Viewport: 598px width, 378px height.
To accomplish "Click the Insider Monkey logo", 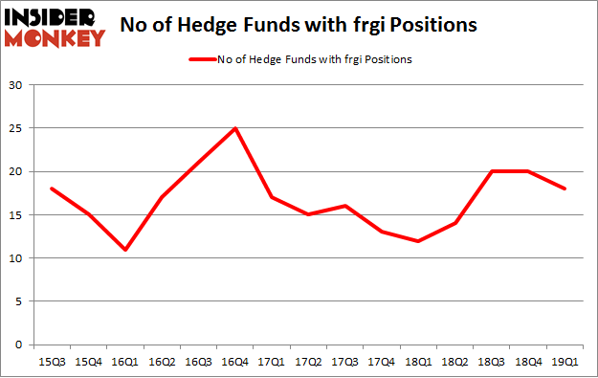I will pos(55,27).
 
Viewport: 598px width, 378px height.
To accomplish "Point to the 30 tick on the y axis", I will pos(16,85).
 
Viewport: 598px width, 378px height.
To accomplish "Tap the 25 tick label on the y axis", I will pos(16,128).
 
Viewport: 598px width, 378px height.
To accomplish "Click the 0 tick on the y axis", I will pos(20,345).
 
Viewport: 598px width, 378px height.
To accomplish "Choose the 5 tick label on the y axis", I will pos(20,301).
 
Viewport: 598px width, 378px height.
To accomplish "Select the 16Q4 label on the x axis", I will pos(234,362).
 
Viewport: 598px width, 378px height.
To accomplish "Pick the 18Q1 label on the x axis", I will pos(417,362).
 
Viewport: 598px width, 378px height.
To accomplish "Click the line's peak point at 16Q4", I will pos(234,128).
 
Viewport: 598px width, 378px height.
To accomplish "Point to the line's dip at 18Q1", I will pos(418,240).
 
